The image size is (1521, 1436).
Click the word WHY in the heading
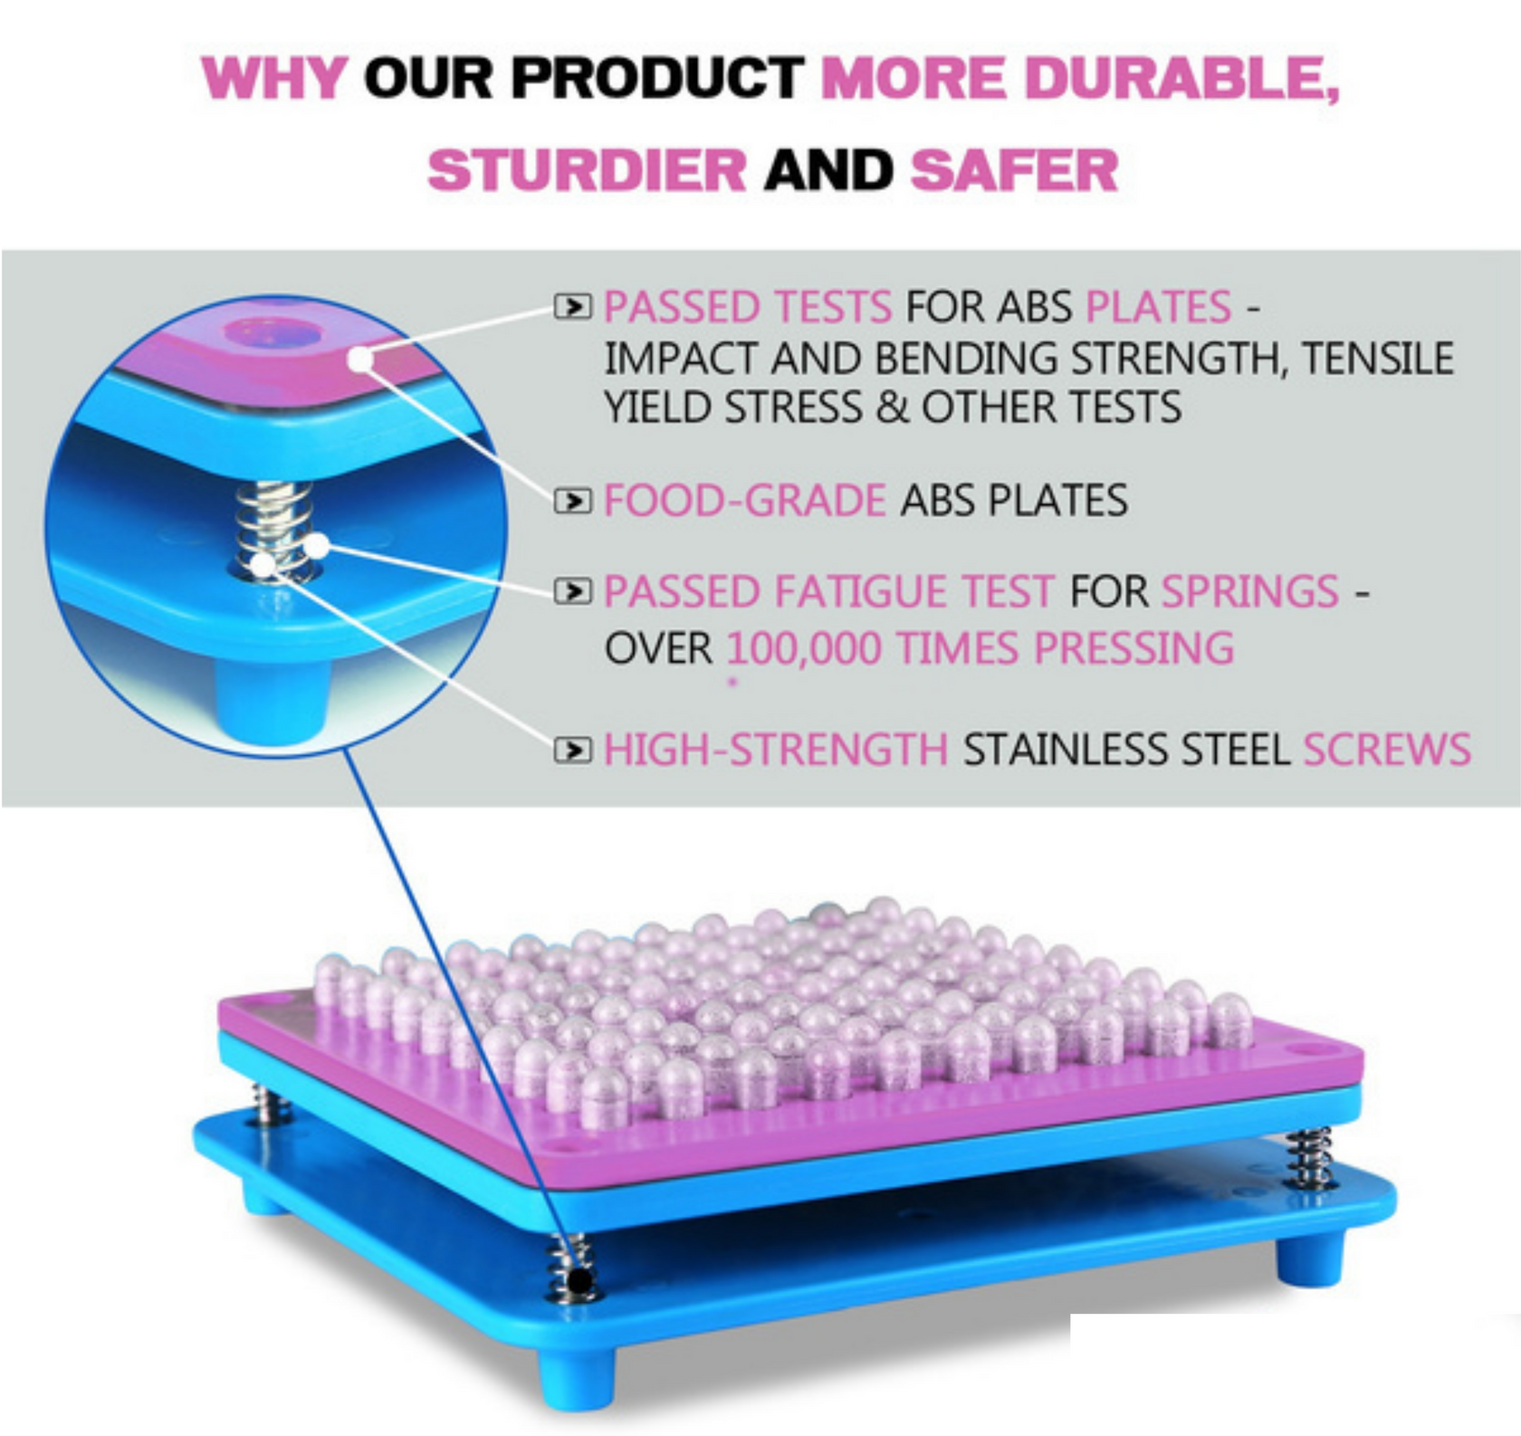tap(273, 78)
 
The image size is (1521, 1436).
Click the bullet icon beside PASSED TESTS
tap(572, 307)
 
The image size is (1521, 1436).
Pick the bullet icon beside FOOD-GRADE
tap(572, 500)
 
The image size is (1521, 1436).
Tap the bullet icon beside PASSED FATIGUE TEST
tap(572, 592)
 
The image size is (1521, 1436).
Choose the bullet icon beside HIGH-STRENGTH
tap(572, 750)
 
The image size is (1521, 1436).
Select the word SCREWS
tap(1386, 750)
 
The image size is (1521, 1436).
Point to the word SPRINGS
tap(1249, 592)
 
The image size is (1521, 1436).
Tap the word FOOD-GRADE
tap(744, 500)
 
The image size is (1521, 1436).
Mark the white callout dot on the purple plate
tap(360, 359)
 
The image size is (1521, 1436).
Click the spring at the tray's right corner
tap(1310, 1157)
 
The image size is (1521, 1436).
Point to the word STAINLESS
tap(1048, 750)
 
